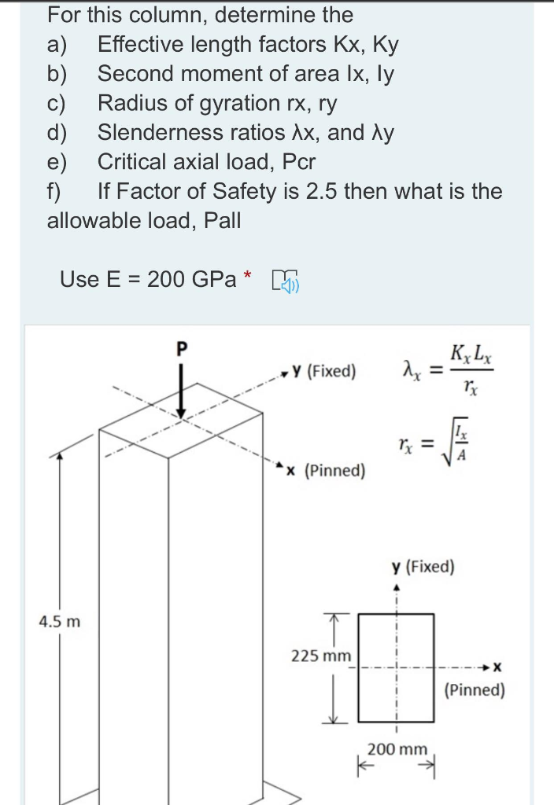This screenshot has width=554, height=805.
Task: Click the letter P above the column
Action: pos(183,348)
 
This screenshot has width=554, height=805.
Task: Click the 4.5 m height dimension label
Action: pos(61,621)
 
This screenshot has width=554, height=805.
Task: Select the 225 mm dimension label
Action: pos(321,655)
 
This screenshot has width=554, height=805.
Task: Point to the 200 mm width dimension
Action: pos(398,748)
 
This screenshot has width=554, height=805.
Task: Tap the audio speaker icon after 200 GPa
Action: pos(284,279)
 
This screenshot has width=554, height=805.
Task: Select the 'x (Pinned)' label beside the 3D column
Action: pos(326,470)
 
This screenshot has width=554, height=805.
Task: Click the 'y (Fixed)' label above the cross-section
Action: pos(424,567)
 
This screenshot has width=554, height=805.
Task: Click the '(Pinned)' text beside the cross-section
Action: pos(475,690)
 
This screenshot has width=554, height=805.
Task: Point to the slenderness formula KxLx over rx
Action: pos(469,368)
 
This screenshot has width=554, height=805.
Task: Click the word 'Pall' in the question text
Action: pos(222,221)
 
